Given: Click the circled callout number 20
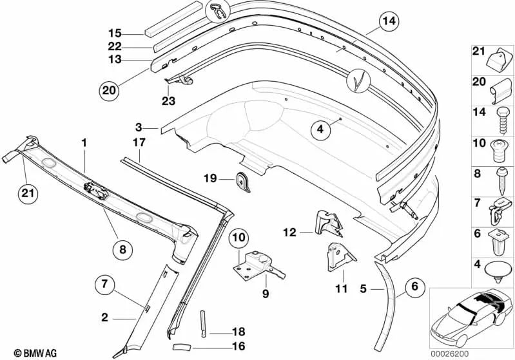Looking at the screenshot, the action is coord(110,90).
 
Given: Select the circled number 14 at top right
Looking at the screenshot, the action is coord(389,21).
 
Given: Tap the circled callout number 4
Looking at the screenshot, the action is coord(320,129).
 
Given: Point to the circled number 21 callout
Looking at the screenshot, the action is coord(28,193).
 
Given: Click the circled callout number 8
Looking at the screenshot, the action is coord(122,250).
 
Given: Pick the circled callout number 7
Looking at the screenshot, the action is coord(105,283).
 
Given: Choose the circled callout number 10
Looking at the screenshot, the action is coord(239,237).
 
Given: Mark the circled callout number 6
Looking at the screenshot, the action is coord(415,287).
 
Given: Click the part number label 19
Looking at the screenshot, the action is coord(210,178).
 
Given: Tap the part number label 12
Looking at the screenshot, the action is coord(289,232).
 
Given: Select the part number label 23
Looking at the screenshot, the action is coord(168,100).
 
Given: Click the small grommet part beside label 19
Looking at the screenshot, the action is coord(243,182).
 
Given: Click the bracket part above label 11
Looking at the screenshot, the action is coord(340,256).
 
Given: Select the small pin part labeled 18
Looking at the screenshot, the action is coord(203,323).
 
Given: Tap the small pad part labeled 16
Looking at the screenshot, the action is coord(182,346).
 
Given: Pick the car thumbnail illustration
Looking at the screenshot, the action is coord(472,318).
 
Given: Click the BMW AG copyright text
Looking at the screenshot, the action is coord(35,353).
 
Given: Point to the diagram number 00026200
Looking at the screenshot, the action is coord(450,354).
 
